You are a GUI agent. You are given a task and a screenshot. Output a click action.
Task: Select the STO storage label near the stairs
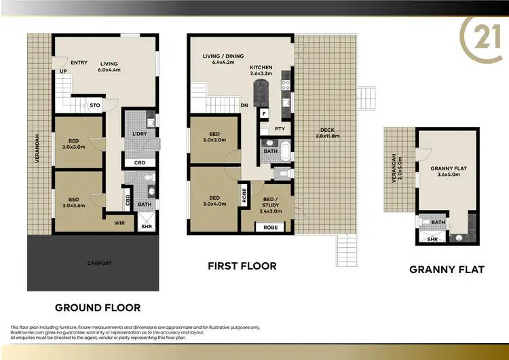[96, 105]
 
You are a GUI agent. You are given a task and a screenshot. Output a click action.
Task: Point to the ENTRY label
[79, 62]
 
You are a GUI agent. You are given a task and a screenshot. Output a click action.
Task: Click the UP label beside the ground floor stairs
[63, 71]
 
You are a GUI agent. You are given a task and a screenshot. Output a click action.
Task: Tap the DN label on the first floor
[244, 105]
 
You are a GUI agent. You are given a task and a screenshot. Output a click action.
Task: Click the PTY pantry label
[280, 129]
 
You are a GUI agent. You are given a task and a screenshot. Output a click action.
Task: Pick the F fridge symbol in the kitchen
[263, 113]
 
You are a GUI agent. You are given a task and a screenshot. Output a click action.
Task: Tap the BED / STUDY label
[270, 204]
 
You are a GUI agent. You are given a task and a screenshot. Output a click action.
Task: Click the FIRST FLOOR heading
[242, 266]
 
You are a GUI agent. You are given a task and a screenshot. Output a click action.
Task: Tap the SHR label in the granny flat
[432, 239]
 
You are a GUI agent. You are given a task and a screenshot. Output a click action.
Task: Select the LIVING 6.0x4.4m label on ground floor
[109, 66]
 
